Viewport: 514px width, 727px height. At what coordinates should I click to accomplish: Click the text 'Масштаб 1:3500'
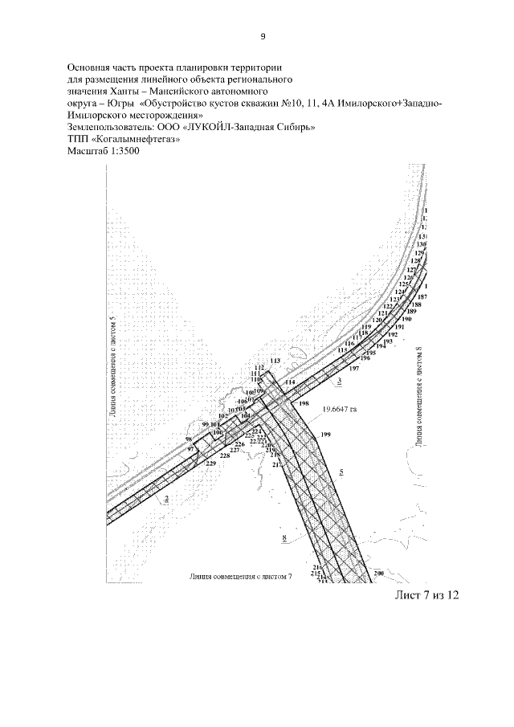click(x=104, y=150)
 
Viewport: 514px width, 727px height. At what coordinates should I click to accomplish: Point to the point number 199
click(x=325, y=435)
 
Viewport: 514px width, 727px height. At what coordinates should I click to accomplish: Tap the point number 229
click(x=211, y=464)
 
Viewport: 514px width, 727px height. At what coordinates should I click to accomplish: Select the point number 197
click(x=354, y=367)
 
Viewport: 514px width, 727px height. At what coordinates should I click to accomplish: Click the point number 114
click(x=290, y=382)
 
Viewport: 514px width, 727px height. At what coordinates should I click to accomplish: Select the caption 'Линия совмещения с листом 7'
click(x=241, y=577)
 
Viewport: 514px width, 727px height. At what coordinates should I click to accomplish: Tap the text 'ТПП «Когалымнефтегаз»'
click(x=123, y=138)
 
